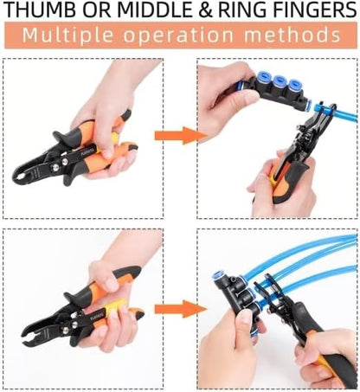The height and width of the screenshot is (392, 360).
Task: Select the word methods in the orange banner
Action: coord(293,36)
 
